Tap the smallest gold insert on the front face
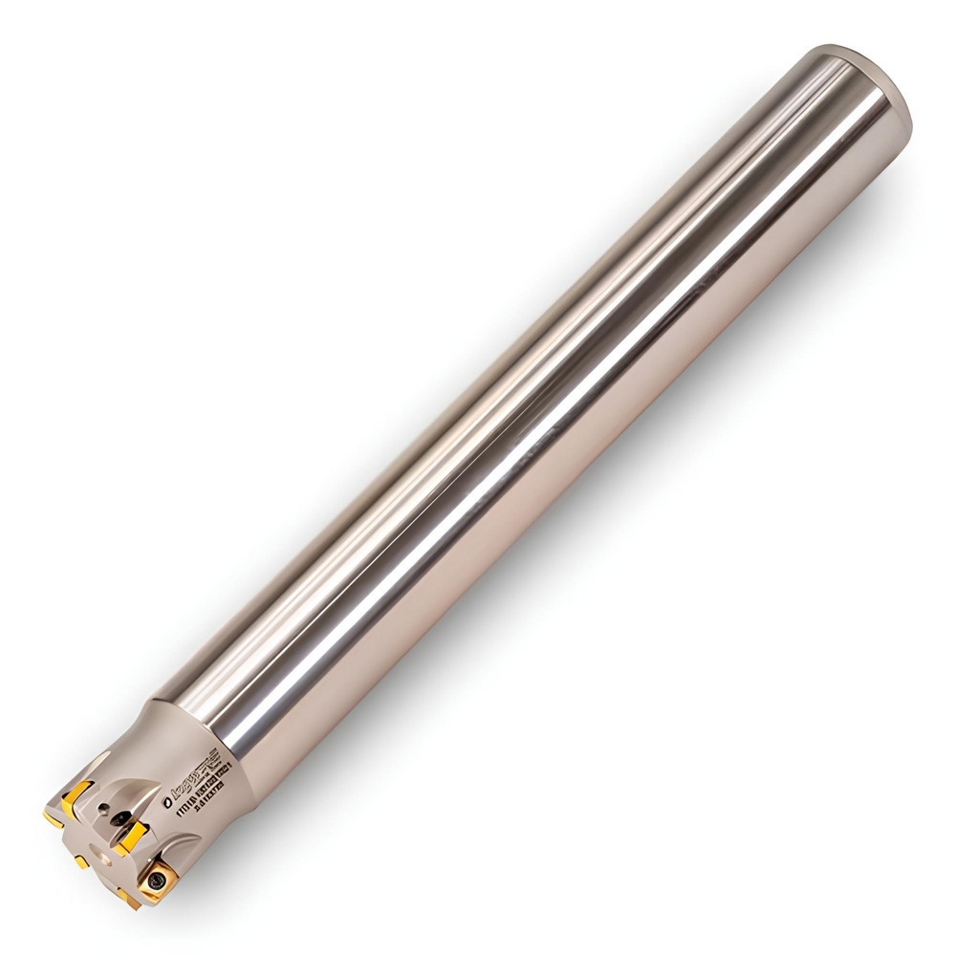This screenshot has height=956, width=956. pos(82,862)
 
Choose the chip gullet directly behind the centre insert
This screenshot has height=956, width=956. pos(143,808)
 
